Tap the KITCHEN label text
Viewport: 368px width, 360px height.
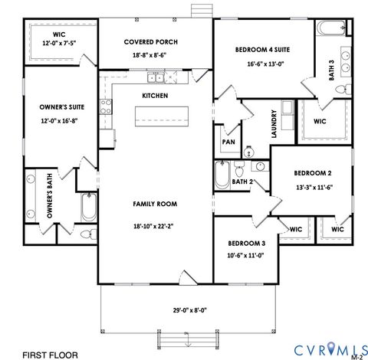pos(155,95)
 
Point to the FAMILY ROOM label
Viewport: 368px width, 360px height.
pos(155,204)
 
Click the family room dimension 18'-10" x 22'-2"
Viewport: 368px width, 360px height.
pos(155,226)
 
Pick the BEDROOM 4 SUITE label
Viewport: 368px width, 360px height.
pos(263,49)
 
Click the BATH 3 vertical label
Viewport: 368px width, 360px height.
pos(332,70)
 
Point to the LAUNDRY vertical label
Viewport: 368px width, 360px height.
pos(273,123)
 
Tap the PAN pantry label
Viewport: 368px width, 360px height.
pos(228,142)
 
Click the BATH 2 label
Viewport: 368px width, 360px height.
pos(242,182)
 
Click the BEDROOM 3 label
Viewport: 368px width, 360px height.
pos(246,244)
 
